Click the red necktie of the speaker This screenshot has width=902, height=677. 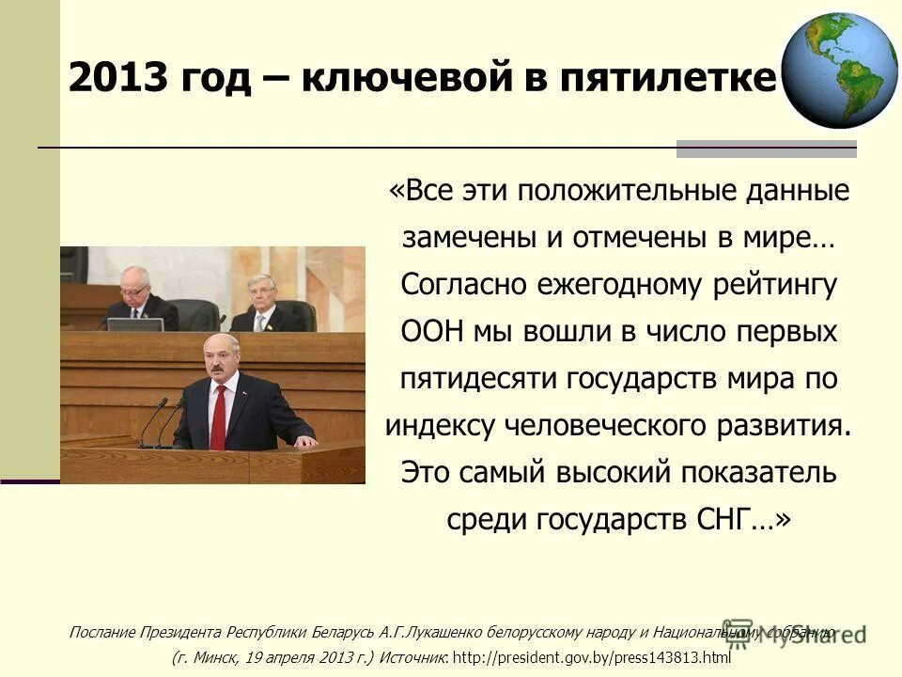click(219, 416)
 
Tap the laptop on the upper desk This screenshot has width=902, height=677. click(135, 324)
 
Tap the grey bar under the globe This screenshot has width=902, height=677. click(766, 149)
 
